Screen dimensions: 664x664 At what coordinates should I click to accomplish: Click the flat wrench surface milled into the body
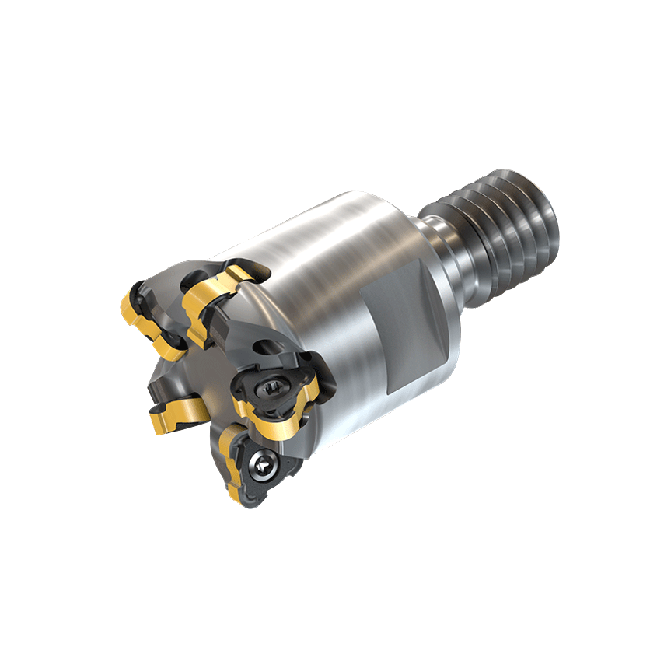click(404, 327)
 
